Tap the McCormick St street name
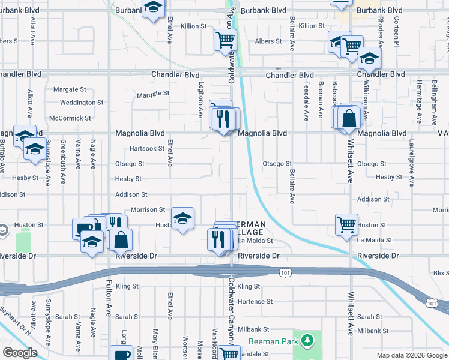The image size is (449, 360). pos(70,118)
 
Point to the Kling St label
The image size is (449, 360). pos(249,286)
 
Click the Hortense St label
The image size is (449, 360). pos(256,301)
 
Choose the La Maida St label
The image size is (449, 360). pos(256,241)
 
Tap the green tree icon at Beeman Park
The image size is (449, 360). pos(307,341)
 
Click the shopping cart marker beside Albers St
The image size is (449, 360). pos(226,40)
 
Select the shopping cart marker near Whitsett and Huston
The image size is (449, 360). pos(347,224)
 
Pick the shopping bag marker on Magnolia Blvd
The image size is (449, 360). pos(349,118)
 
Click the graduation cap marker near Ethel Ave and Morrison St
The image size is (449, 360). pos(183,218)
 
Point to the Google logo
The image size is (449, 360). pos(20,353)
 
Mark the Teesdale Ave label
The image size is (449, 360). pos(307,95)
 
